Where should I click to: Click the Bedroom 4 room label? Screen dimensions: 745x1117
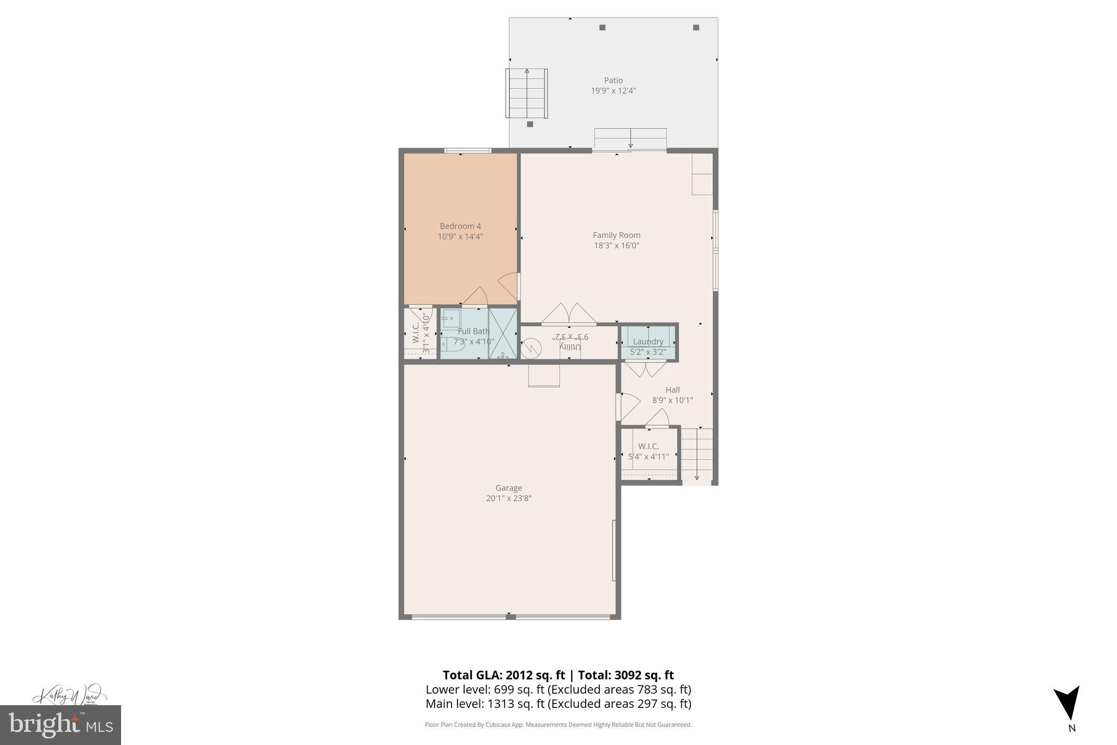pyautogui.click(x=460, y=226)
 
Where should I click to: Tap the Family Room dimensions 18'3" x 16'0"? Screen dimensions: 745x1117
pyautogui.click(x=616, y=246)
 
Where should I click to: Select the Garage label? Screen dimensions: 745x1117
pyautogui.click(x=508, y=488)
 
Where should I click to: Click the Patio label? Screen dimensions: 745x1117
pyautogui.click(x=613, y=80)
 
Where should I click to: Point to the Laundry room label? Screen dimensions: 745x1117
pyautogui.click(x=648, y=342)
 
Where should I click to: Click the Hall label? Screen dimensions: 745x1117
pyautogui.click(x=672, y=390)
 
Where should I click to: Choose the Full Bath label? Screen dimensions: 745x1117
pyautogui.click(x=473, y=331)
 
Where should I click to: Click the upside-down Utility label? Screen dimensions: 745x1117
pyautogui.click(x=571, y=347)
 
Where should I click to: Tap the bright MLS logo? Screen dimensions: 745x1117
pyautogui.click(x=60, y=725)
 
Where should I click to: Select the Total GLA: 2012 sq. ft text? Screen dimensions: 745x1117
pyautogui.click(x=503, y=675)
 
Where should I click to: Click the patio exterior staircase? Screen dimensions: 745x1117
pyautogui.click(x=526, y=93)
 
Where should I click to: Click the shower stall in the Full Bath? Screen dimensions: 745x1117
pyautogui.click(x=502, y=333)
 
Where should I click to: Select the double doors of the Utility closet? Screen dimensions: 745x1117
pyautogui.click(x=569, y=315)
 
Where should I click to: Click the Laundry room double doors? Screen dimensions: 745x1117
pyautogui.click(x=645, y=369)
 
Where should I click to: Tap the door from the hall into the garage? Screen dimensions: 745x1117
pyautogui.click(x=627, y=406)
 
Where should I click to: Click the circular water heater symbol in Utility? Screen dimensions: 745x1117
pyautogui.click(x=531, y=348)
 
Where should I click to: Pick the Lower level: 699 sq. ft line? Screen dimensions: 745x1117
pyautogui.click(x=558, y=689)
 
